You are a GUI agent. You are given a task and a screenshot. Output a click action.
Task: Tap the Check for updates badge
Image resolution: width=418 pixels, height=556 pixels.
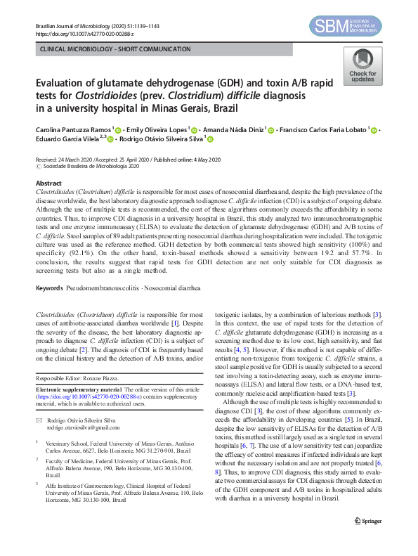[x=363, y=68]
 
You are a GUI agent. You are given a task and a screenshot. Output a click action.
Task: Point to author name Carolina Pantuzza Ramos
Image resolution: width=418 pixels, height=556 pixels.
[x=72, y=129]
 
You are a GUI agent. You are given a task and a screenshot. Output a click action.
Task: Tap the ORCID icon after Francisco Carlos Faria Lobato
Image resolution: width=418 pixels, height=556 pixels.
[x=374, y=130]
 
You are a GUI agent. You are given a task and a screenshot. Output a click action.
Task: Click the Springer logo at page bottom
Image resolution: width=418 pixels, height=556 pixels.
[x=368, y=540]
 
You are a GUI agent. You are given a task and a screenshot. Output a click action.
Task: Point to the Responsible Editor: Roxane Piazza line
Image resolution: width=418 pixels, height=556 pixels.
[x=77, y=377]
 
